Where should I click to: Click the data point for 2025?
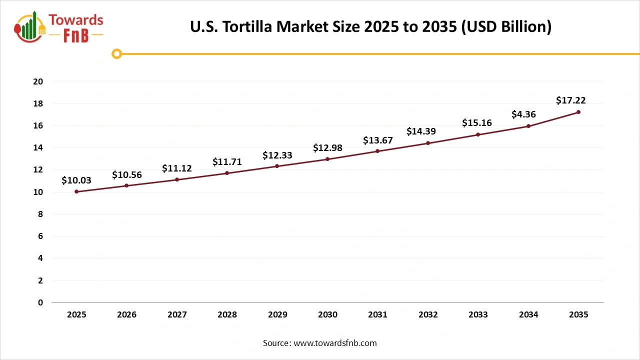[76, 191]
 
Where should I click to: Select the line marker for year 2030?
[327, 159]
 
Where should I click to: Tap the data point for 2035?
[578, 112]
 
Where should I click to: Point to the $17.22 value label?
[570, 100]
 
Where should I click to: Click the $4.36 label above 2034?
[524, 114]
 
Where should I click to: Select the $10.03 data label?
[76, 180]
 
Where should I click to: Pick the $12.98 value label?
[327, 147]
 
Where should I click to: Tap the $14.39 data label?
[421, 131]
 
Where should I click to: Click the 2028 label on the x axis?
[227, 315]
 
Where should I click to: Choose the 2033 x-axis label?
[478, 315]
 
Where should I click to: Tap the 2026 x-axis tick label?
[126, 315]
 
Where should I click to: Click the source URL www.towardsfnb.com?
[334, 343]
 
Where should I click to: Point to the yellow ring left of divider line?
[116, 54]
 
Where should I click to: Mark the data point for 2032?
[428, 143]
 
